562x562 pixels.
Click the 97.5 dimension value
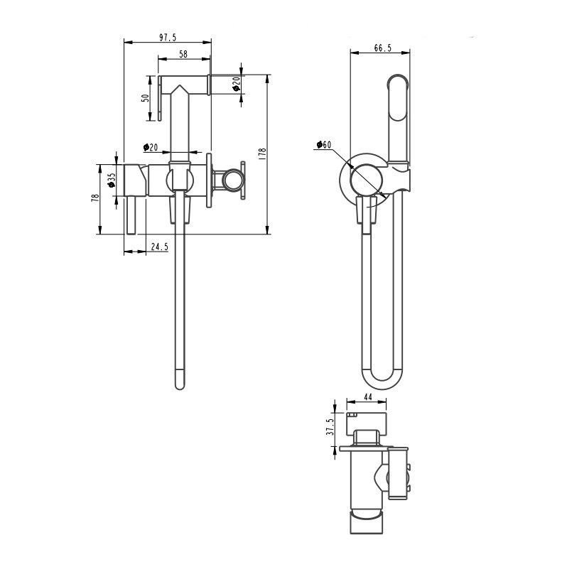click(x=168, y=37)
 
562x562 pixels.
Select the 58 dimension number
click(x=183, y=54)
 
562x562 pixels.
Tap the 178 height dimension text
click(x=262, y=153)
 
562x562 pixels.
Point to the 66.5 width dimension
click(x=383, y=48)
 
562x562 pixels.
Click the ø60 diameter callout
click(x=324, y=144)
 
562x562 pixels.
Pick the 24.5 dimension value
click(x=159, y=247)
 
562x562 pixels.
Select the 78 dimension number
click(x=95, y=198)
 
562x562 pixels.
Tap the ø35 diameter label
click(x=111, y=180)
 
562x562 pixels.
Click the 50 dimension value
click(x=146, y=98)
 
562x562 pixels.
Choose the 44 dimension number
click(x=368, y=397)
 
